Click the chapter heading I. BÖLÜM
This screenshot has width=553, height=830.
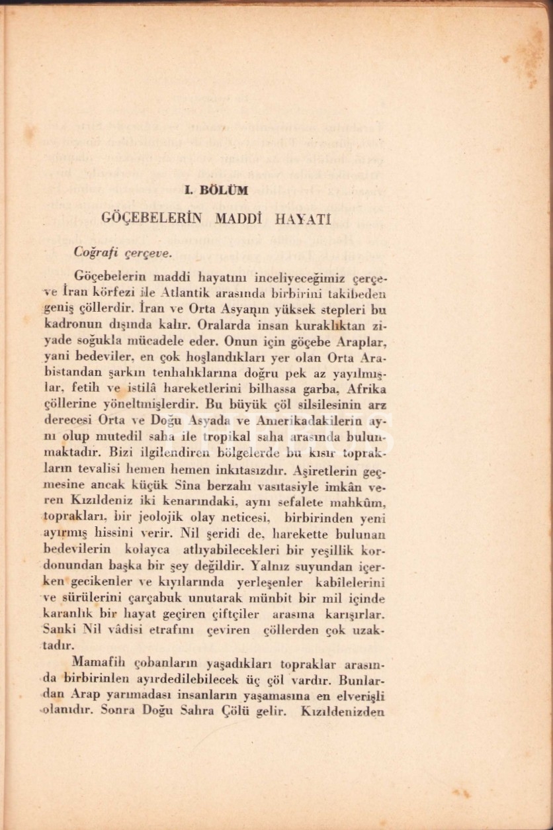pyautogui.click(x=216, y=190)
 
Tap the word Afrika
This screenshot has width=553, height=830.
pyautogui.click(x=363, y=389)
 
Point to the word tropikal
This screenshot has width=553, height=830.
pyautogui.click(x=226, y=436)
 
